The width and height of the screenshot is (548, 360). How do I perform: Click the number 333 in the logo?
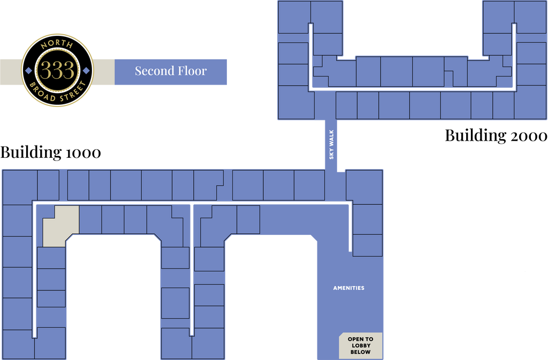point(57,70)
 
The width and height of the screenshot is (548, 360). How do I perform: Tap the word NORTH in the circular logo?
point(57,44)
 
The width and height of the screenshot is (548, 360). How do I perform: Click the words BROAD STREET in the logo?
point(58,93)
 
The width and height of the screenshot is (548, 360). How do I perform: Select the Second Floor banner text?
point(171,71)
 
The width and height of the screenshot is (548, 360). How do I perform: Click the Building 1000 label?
point(51,152)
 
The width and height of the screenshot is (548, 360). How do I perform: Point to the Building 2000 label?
point(496,135)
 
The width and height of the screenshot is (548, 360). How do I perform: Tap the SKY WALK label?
point(331,144)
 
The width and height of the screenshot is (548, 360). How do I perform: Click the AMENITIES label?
point(348,288)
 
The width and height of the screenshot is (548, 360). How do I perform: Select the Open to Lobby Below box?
point(361,346)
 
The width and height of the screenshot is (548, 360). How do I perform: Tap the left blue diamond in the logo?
point(29,71)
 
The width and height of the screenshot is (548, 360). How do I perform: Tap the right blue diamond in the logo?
point(86,71)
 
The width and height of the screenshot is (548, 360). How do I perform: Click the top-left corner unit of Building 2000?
point(294,17)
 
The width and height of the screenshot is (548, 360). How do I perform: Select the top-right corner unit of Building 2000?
point(530,17)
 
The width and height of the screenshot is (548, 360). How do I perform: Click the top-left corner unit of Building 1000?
point(20,187)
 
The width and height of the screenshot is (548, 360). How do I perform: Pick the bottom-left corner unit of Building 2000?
point(296,102)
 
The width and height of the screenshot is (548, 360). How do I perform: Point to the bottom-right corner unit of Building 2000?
point(530,102)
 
